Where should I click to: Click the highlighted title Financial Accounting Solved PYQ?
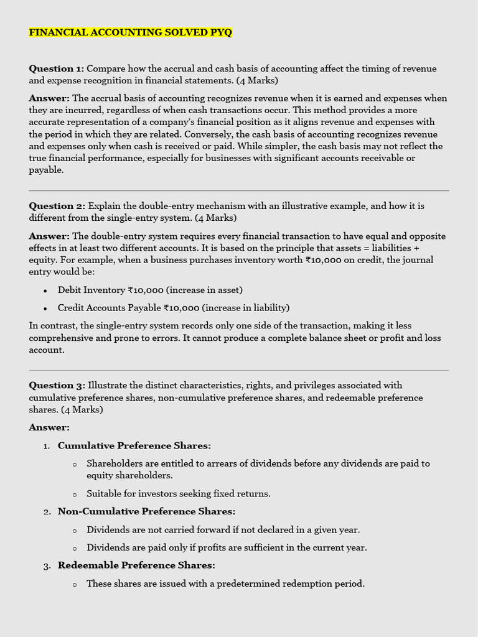pos(130,32)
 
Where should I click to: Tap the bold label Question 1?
pos(57,68)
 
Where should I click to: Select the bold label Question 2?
pos(57,206)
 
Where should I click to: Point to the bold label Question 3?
pos(57,385)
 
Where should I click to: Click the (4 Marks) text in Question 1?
pos(256,81)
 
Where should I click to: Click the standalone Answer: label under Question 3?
pos(49,427)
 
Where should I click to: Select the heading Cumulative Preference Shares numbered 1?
pos(134,445)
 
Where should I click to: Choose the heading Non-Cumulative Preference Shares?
pos(146,511)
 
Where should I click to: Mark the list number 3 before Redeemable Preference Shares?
pos(47,566)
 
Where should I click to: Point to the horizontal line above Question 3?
pos(239,370)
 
